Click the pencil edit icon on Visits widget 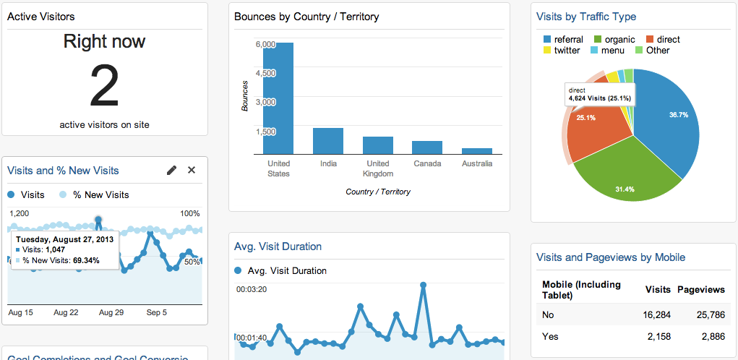click(171, 170)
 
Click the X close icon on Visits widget click(192, 170)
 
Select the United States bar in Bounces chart click(278, 98)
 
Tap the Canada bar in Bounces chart click(427, 147)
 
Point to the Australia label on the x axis click(477, 164)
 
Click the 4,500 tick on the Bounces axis click(265, 73)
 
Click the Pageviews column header click(700, 289)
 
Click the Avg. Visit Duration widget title click(278, 247)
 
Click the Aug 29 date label click(111, 313)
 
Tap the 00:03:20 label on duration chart click(252, 289)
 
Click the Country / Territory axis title click(377, 192)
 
